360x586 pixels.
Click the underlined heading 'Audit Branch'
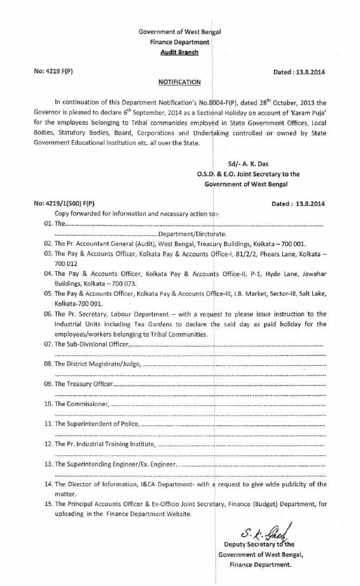179,52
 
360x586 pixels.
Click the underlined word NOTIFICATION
179,82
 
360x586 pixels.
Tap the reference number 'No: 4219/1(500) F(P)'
64,203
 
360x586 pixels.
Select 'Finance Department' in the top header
179,42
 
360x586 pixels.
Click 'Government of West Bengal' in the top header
179,32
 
